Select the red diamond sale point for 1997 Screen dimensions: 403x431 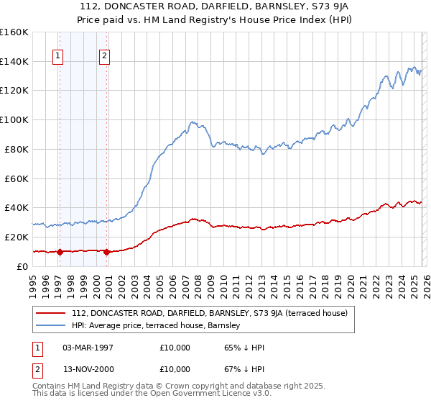(60, 252)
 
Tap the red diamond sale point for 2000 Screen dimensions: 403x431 (106, 252)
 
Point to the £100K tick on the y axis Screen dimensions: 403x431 (14, 119)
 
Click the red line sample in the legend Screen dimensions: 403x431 (51, 313)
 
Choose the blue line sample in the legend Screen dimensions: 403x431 (51, 325)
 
